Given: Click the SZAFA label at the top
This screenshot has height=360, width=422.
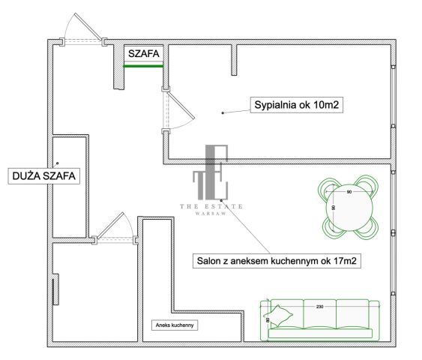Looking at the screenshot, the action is coord(144,53).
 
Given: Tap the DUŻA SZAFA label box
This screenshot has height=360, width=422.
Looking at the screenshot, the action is coord(44,176).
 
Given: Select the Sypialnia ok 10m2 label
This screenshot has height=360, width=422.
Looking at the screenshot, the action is coord(297,105).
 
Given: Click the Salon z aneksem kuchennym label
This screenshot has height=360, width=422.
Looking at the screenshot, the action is coord(277,261).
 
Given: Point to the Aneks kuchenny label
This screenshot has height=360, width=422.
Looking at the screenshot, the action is coord(175,325).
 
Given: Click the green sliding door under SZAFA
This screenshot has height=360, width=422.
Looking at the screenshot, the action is coord(143,66).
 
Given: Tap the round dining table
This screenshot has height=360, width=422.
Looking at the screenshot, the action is coord(349,208).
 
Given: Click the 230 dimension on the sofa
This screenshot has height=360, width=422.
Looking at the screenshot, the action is coord(320,307).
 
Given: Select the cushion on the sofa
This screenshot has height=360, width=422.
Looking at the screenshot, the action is coord(278,316).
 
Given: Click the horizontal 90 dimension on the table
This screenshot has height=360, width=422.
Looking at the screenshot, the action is coord(349,192).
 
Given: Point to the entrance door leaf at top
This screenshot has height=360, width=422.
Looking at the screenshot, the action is coord(88,27).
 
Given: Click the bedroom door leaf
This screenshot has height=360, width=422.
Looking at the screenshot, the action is coord(181,105).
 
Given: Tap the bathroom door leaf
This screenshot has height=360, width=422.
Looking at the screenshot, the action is coord(110,226).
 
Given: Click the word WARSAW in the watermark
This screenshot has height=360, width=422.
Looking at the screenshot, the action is coord(211,214).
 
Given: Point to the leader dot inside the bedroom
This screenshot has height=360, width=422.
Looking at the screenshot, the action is coord(223,112).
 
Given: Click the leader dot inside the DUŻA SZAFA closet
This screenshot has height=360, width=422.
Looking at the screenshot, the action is coord(57,163).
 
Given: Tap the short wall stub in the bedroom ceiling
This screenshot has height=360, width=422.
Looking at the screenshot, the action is coord(234,60).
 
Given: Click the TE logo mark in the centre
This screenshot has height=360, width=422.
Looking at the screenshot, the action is coord(211,172).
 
